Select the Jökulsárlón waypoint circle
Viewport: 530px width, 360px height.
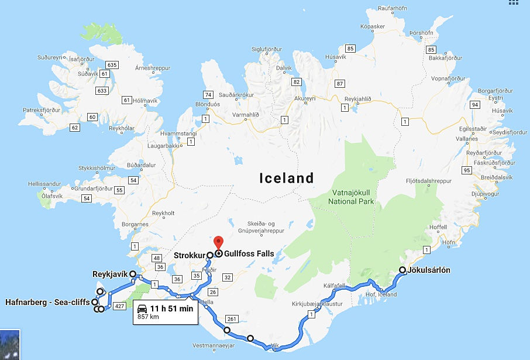coord(402,270)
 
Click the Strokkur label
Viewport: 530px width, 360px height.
coord(188,255)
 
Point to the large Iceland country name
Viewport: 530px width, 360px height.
coord(287,178)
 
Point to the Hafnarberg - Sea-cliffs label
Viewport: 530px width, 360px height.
coord(47,302)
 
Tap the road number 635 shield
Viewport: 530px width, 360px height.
coord(113,65)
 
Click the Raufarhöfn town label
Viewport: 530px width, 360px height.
coord(393,8)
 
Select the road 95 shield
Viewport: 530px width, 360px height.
coord(466,170)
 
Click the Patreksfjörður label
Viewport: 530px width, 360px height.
coord(42,109)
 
